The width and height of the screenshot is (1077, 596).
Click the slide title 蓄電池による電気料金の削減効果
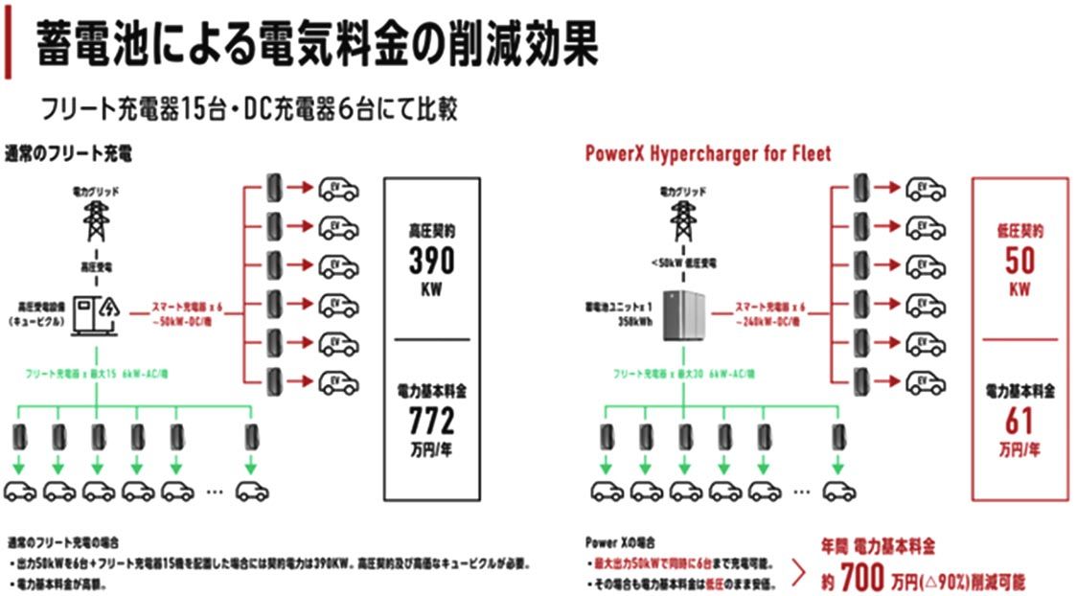(316, 45)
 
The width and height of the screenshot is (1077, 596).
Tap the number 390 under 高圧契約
(426, 262)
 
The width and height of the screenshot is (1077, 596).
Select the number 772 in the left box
(426, 420)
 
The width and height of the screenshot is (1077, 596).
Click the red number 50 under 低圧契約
(1020, 261)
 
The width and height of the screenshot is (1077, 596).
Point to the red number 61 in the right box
(1019, 420)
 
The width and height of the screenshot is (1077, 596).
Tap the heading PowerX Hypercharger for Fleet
(708, 153)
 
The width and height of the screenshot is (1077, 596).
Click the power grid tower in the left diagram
(96, 221)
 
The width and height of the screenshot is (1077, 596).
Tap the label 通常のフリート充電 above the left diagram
(68, 152)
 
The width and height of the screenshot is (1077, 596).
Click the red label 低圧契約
(1020, 231)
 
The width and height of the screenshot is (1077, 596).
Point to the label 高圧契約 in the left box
(426, 231)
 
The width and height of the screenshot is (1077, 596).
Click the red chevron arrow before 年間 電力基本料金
(797, 573)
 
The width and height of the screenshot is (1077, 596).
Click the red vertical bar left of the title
(8, 40)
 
